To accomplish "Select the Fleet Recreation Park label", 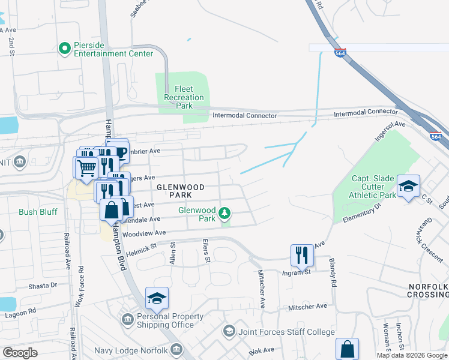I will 184,97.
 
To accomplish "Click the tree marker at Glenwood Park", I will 224,212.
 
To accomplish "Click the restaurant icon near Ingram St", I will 302,254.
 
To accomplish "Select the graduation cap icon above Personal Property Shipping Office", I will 157,298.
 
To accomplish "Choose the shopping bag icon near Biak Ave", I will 347,348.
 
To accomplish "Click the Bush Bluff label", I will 38,212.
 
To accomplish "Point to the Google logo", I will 20,352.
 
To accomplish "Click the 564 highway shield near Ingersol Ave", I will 436,136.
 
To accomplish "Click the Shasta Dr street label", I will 43,286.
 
